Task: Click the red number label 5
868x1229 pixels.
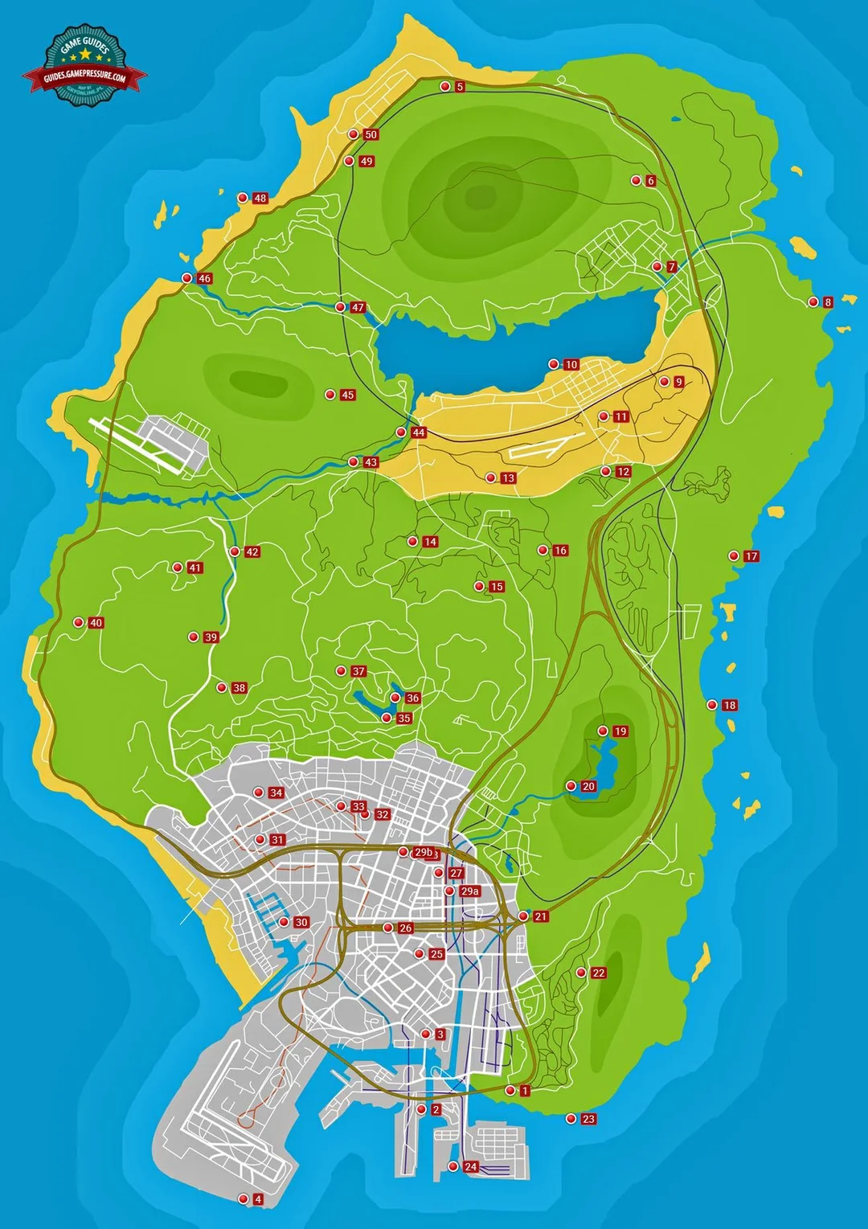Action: [460, 87]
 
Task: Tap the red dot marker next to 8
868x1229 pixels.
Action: [813, 302]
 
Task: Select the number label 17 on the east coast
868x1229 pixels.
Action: [751, 556]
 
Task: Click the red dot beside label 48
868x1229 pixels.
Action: [243, 198]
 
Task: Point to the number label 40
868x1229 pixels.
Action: [96, 623]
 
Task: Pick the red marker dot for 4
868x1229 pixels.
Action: [244, 1199]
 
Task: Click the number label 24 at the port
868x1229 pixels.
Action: [470, 1166]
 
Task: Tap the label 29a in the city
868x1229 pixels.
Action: [469, 891]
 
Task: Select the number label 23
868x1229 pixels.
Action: [588, 1119]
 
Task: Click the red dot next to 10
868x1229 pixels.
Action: [554, 364]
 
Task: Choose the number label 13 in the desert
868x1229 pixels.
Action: [508, 478]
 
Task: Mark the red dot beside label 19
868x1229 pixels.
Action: [603, 731]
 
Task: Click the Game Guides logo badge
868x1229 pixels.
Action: [85, 64]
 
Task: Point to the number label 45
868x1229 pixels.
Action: [347, 395]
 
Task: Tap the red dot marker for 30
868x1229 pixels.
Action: [284, 922]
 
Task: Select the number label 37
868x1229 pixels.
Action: [358, 671]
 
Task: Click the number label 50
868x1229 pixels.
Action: [371, 135]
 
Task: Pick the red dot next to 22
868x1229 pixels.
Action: [581, 973]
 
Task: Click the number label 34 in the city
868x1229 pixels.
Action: [276, 793]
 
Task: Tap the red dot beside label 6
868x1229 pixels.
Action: [636, 181]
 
